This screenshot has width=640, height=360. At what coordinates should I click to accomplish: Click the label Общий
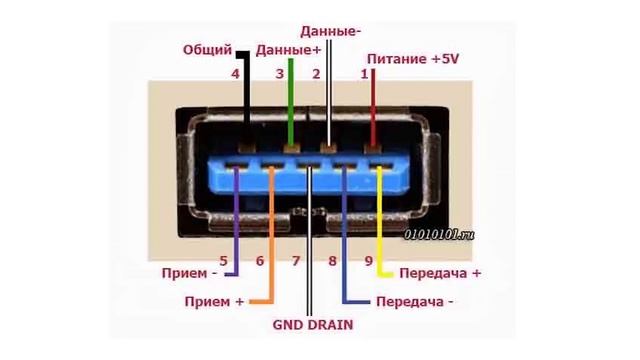[x=207, y=50]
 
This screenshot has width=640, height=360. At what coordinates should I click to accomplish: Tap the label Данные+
[x=289, y=49]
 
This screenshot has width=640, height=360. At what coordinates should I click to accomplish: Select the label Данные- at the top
[x=330, y=32]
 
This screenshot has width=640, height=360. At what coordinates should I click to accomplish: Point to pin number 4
[x=235, y=74]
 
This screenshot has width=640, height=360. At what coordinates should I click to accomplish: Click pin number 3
[x=280, y=74]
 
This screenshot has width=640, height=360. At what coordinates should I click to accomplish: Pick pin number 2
[x=316, y=74]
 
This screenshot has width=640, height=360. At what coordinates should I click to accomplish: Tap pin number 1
[x=365, y=74]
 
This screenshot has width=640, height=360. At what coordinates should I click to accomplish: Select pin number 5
[x=224, y=261]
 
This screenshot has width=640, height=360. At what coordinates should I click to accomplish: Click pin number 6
[x=260, y=261]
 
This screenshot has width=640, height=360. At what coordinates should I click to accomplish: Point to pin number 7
[x=296, y=261]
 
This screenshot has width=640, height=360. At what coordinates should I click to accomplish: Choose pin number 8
[x=333, y=261]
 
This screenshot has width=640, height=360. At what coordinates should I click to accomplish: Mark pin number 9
[x=369, y=261]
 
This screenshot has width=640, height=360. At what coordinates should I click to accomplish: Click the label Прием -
[x=188, y=273]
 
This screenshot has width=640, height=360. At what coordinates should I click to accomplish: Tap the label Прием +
[x=214, y=301]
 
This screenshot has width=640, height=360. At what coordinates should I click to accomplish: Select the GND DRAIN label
[x=312, y=325]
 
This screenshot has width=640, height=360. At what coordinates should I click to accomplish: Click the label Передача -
[x=414, y=301]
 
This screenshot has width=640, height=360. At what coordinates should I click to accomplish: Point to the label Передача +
[x=440, y=273]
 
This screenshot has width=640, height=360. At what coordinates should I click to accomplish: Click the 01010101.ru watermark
[x=439, y=234]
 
